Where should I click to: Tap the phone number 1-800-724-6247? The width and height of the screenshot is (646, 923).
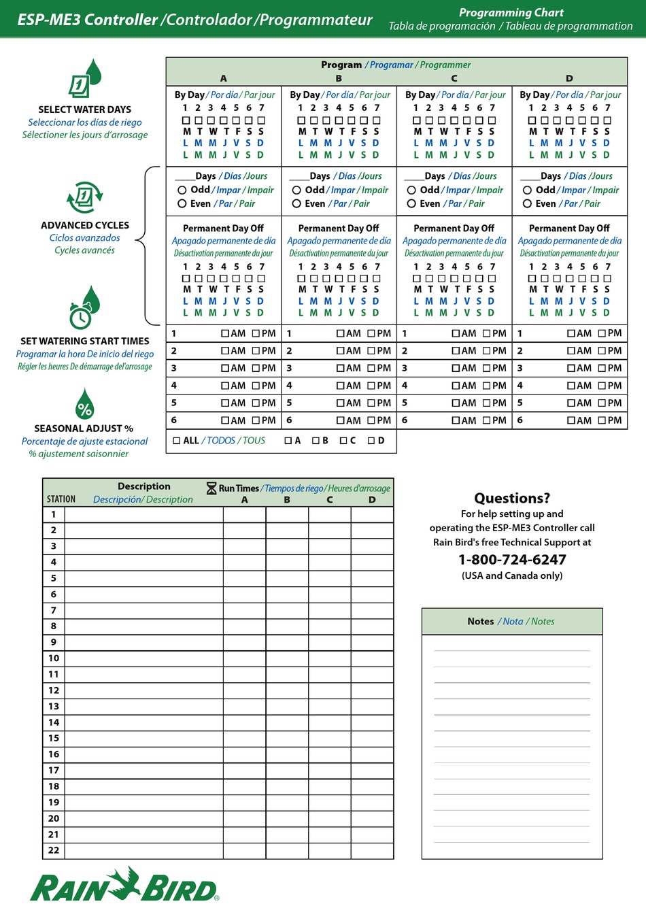(512, 560)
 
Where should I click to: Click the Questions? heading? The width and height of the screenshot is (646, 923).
(512, 498)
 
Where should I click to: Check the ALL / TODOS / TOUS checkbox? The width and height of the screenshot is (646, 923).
(177, 441)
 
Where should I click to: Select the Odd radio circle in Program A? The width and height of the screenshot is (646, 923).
(182, 190)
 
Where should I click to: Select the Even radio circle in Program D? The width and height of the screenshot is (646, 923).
(527, 203)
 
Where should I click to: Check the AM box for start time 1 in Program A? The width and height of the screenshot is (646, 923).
(225, 333)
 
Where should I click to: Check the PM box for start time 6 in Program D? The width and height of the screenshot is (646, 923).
(602, 420)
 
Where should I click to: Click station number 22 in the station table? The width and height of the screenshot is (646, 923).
(54, 850)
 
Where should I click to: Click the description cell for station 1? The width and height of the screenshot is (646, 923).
(143, 515)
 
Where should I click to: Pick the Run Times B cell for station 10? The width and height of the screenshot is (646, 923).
(287, 658)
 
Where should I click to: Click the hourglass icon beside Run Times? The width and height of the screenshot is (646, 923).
(211, 488)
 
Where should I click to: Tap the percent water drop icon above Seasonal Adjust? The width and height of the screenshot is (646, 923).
(84, 405)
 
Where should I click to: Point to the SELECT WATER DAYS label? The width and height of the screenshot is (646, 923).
(85, 110)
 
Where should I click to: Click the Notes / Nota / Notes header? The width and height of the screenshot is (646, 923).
(511, 621)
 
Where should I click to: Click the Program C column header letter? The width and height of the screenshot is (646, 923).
(454, 78)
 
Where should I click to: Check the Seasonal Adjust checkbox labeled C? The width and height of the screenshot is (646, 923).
(343, 441)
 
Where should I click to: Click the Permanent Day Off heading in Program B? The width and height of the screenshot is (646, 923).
(339, 229)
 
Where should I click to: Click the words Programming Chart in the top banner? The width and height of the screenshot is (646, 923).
(511, 12)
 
